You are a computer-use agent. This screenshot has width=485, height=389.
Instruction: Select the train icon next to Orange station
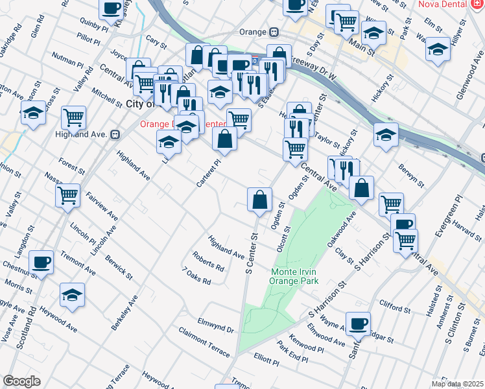click(275, 32)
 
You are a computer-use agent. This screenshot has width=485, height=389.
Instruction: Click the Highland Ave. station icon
click(115, 134)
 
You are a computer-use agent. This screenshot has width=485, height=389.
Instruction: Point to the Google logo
click(21, 381)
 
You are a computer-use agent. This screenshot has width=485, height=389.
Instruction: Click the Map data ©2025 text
click(457, 384)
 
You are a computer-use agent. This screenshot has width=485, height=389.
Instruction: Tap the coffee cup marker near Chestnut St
click(41, 263)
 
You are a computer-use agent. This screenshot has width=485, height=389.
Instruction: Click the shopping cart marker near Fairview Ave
click(68, 195)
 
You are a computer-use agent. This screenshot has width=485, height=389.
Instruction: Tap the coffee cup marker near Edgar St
click(357, 323)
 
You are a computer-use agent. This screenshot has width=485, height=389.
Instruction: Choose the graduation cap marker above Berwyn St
click(386, 135)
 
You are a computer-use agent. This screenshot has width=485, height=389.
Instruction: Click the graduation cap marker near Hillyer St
click(438, 49)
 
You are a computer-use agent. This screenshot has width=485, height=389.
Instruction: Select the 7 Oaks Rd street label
click(196, 277)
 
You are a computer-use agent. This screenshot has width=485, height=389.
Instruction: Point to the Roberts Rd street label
click(207, 260)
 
